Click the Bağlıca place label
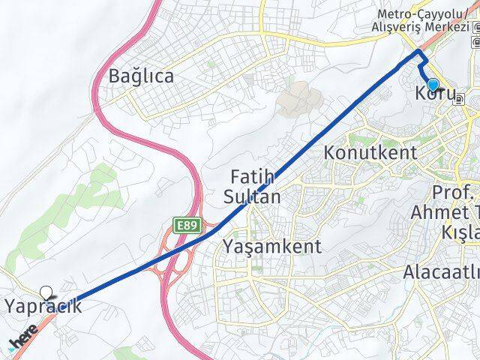(141, 76)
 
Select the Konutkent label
(370, 152)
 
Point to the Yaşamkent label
(272, 246)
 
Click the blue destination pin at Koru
(433, 85)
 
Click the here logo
(24, 340)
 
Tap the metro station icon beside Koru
(457, 98)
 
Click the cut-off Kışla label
(460, 233)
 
